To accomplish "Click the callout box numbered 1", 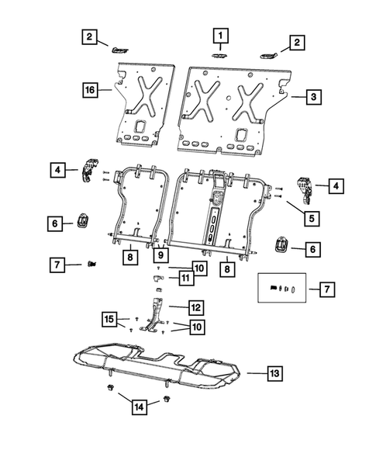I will [221, 36].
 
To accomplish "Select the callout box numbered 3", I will [312, 97].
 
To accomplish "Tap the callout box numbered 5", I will [312, 219].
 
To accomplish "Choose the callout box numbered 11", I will [185, 277].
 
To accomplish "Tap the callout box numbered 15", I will [112, 319].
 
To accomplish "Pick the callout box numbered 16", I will [90, 91].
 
